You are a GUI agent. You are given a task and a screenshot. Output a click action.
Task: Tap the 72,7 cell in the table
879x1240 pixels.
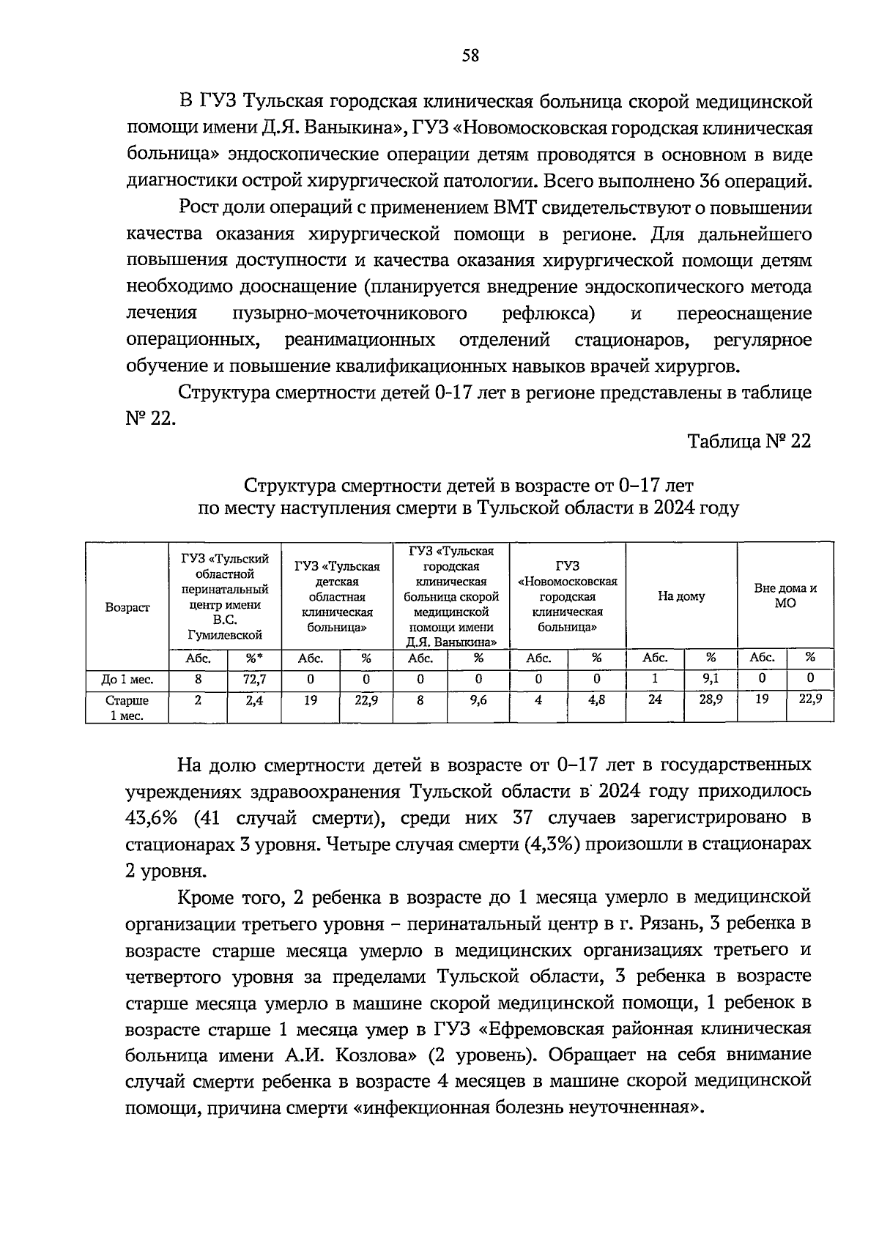coord(254,679)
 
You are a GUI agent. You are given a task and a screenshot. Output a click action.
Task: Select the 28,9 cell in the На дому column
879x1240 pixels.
coord(711,699)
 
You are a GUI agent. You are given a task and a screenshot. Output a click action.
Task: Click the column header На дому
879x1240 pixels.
coord(680,596)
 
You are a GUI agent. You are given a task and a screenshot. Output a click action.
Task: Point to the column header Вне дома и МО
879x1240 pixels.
coord(785,595)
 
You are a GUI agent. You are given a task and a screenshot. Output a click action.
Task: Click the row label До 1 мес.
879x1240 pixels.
coord(127,680)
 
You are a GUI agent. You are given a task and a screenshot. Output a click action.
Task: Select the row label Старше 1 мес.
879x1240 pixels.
coord(127,708)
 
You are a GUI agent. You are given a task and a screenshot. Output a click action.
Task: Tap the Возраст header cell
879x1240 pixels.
coord(127,607)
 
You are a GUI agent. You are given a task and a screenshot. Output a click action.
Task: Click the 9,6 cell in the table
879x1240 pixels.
coord(478,699)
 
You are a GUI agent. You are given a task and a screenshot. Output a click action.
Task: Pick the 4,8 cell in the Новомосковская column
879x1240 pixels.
coord(596,699)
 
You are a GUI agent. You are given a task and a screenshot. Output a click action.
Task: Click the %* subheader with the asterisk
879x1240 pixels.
coord(254,658)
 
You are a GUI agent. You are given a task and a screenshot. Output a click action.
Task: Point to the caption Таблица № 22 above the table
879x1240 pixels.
coord(749,442)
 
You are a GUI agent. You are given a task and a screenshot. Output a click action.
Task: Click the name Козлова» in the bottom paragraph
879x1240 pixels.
coord(379,1055)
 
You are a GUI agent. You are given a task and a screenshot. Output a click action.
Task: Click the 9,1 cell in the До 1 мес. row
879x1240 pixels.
coord(711,679)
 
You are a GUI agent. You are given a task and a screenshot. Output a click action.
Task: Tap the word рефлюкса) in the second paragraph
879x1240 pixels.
coord(548,313)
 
